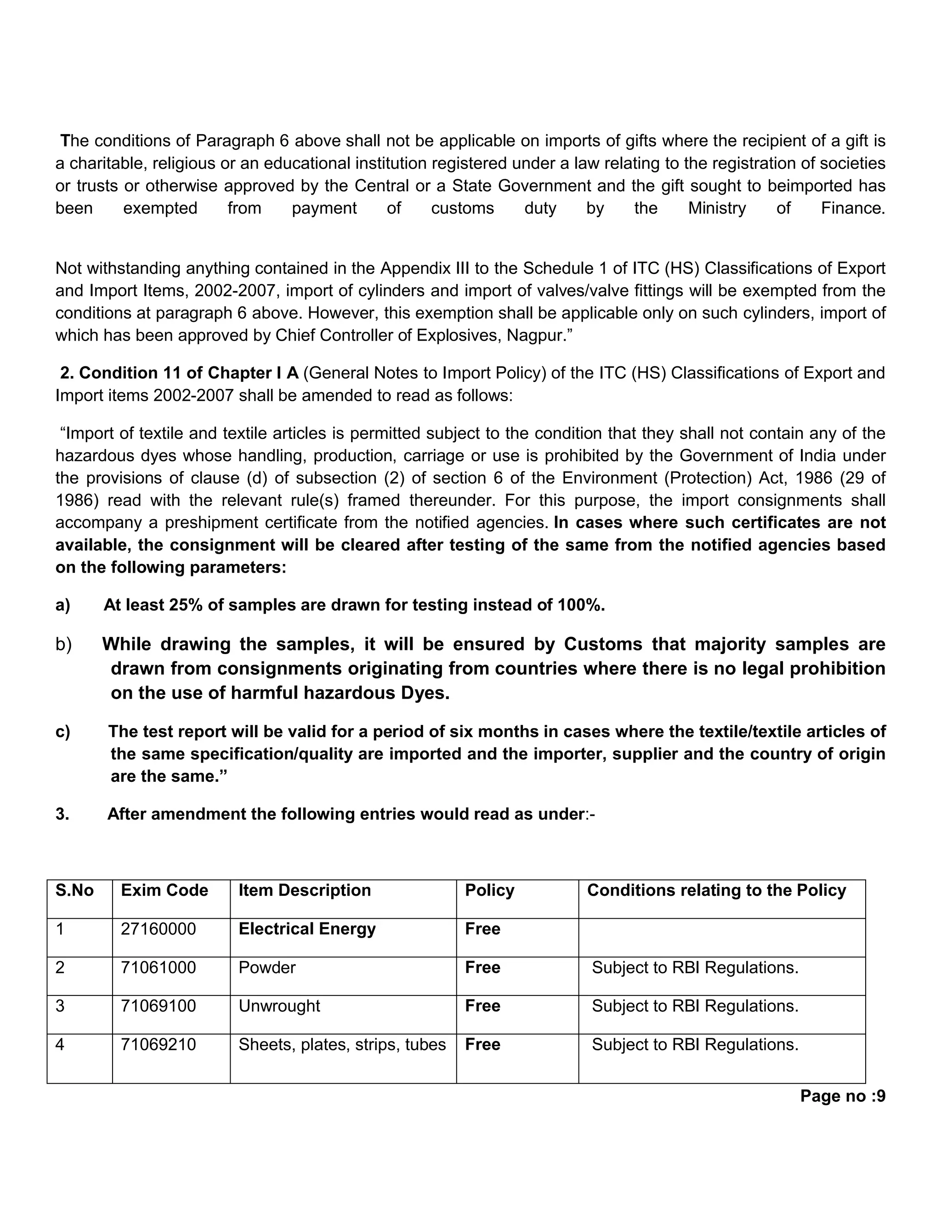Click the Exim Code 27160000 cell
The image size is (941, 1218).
159,929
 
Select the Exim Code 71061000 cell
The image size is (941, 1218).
159,968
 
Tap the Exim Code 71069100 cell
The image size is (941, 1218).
159,1006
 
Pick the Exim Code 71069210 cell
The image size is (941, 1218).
159,1045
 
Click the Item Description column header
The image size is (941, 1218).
304,890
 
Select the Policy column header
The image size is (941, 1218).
489,890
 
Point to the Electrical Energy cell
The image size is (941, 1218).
307,929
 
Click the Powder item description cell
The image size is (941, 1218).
267,968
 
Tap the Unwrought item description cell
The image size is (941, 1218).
279,1006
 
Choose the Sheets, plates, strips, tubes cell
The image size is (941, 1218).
342,1045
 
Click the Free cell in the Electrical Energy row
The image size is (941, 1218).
483,929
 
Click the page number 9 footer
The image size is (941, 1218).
842,1096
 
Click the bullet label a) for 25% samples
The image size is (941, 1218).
63,605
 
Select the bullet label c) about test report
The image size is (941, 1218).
63,732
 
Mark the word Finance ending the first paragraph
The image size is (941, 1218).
852,209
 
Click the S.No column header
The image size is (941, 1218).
75,890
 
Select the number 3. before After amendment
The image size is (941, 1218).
62,814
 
